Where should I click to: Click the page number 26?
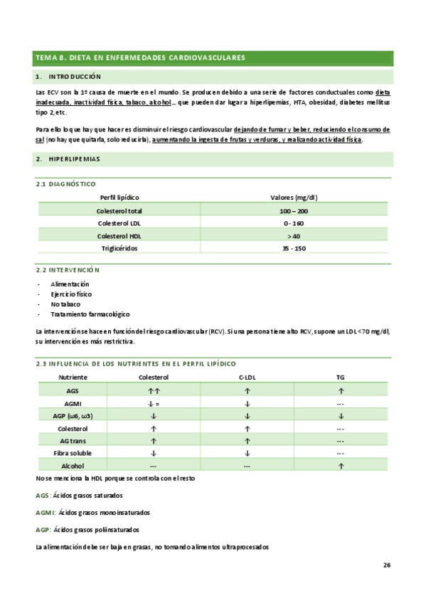point(386,565)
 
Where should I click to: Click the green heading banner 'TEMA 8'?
point(140,57)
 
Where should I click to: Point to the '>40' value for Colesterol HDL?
point(294,235)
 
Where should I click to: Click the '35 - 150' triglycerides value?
point(294,247)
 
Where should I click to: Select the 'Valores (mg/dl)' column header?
point(294,197)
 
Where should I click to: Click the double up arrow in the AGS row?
point(154,390)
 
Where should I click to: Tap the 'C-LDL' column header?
point(247,377)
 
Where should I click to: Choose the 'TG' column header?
point(341,377)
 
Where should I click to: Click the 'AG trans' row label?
point(73,440)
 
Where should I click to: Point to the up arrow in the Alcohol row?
point(341,465)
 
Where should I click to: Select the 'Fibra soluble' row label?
point(73,452)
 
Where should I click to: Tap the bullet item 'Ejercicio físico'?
point(71,294)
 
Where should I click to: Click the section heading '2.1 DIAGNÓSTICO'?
point(65,183)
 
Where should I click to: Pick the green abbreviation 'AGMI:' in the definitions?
point(46,512)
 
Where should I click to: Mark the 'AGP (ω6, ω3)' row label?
point(73,415)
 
